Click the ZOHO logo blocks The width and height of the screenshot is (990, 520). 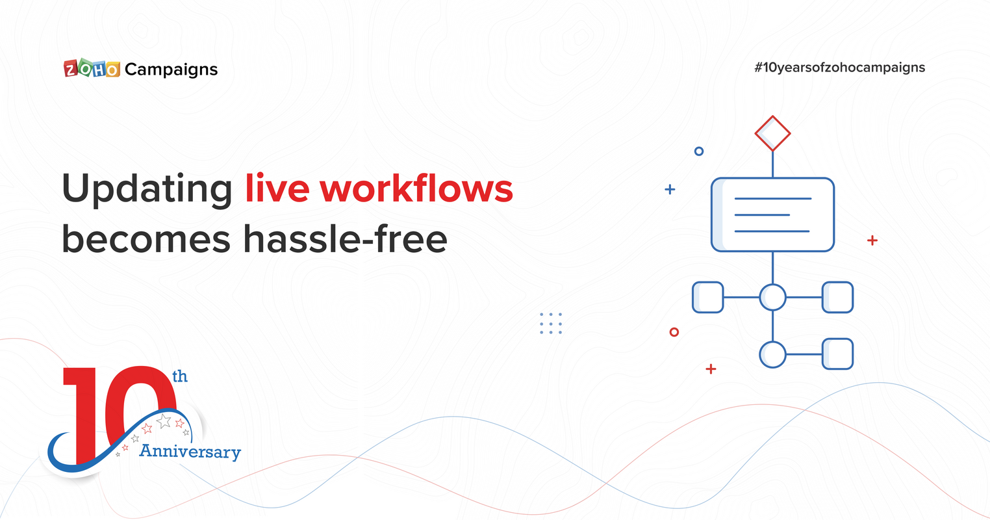92,69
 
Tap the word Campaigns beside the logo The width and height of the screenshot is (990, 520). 171,70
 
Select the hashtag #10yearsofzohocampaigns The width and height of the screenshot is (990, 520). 839,67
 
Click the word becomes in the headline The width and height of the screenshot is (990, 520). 146,239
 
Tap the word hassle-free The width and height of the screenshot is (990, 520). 345,239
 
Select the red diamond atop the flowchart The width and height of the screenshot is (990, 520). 772,133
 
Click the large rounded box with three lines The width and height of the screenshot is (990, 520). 772,214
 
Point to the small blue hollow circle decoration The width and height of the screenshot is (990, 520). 699,151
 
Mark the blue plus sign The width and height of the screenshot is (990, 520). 670,190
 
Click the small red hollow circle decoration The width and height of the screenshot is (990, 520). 674,332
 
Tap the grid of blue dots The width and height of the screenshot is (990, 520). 551,323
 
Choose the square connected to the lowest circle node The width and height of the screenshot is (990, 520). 837,354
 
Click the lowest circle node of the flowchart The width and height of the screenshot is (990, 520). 772,354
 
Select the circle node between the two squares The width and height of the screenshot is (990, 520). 772,297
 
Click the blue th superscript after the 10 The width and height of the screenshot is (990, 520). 179,376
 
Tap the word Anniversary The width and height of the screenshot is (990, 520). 190,451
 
